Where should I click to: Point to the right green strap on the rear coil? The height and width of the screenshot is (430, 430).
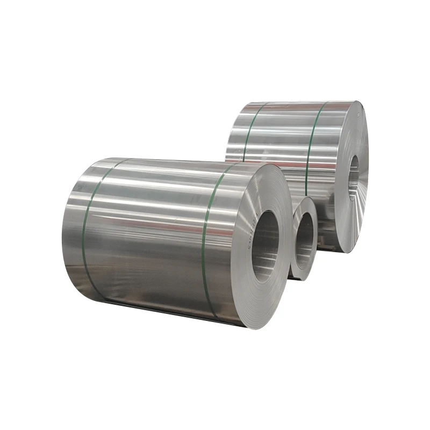pyautogui.click(x=311, y=145)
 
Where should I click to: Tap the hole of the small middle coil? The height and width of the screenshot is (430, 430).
pyautogui.click(x=304, y=239)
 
